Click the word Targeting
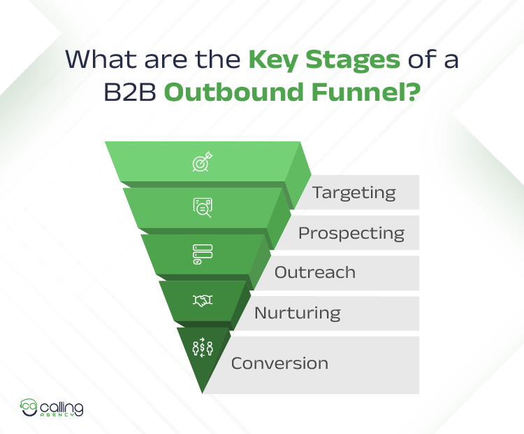click(354, 192)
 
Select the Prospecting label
click(351, 233)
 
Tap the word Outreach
click(314, 272)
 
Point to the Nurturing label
click(297, 312)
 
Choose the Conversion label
click(279, 363)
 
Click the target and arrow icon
click(203, 162)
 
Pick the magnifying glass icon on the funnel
click(203, 207)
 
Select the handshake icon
click(203, 300)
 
